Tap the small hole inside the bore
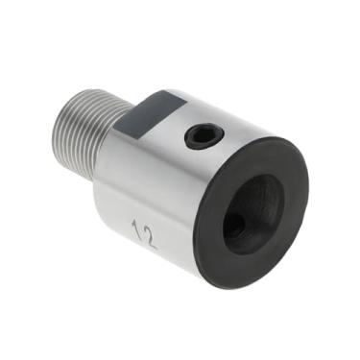(233, 228)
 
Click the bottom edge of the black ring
(230, 285)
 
